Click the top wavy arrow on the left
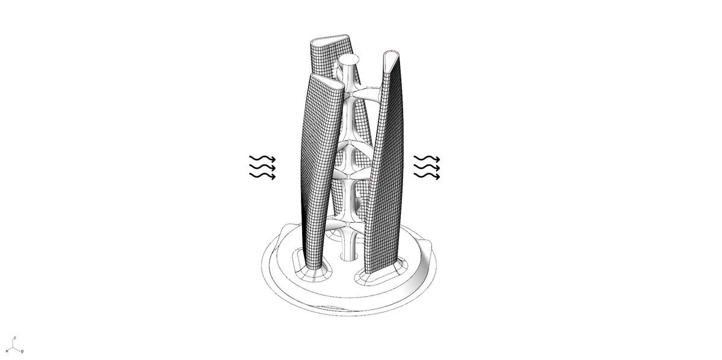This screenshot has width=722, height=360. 262,158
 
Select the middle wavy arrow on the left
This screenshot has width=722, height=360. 262,167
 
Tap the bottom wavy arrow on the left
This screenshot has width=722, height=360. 262,176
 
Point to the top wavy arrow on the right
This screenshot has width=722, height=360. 427,158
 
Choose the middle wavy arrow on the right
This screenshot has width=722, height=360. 427,167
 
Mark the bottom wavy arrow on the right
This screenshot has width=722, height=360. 427,176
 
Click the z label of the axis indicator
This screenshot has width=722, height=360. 14,338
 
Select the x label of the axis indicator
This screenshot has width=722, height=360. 7,350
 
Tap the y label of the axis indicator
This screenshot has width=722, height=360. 22,351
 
